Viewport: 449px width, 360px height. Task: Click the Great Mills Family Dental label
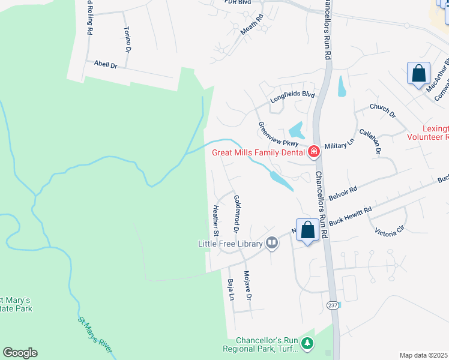click(259, 152)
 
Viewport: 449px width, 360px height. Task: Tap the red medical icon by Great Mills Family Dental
click(313, 152)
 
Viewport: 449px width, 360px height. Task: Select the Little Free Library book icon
click(272, 243)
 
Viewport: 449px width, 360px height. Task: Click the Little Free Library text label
click(231, 244)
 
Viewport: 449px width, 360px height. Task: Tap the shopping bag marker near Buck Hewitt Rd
click(307, 230)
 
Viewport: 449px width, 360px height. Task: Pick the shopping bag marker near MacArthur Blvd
click(418, 74)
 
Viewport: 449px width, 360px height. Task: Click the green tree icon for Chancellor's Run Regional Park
click(307, 343)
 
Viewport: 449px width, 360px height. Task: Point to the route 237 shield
click(333, 305)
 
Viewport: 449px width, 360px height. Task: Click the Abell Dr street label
click(105, 64)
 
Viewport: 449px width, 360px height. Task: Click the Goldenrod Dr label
click(236, 214)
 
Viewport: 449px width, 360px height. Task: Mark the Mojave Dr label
click(247, 286)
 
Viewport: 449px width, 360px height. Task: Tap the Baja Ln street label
click(231, 289)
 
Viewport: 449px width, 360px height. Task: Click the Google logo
click(20, 353)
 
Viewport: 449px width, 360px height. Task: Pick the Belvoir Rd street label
click(343, 196)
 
